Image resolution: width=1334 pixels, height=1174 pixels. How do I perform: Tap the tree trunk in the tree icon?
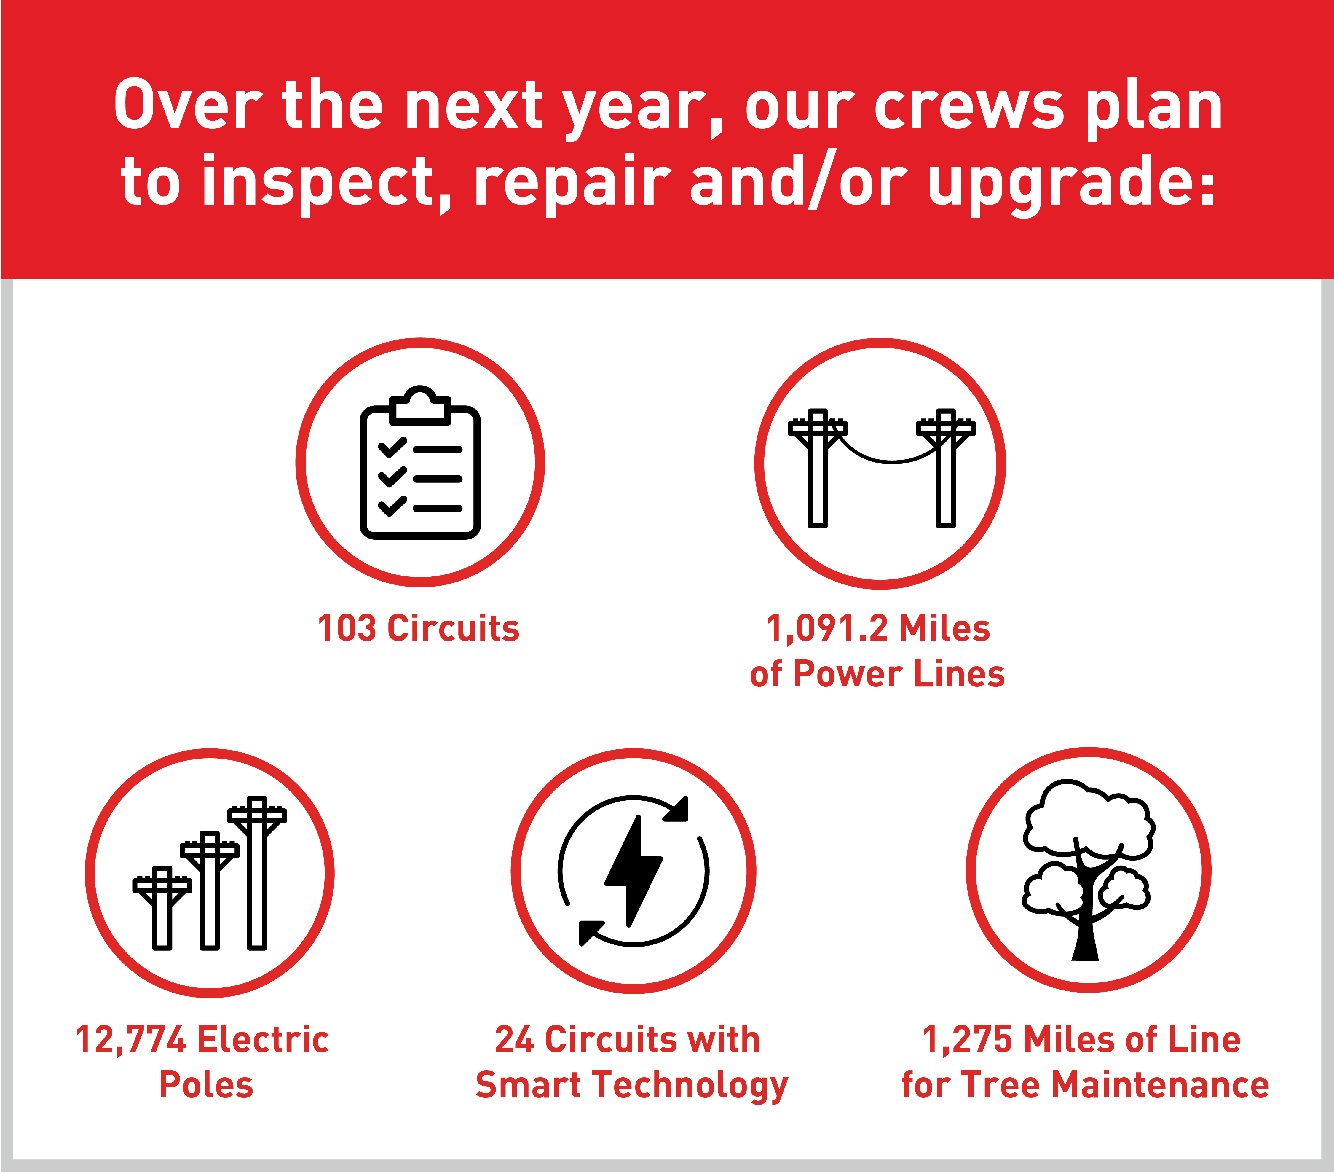(1085, 927)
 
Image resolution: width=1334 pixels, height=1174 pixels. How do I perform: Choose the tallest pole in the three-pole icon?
(257, 873)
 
